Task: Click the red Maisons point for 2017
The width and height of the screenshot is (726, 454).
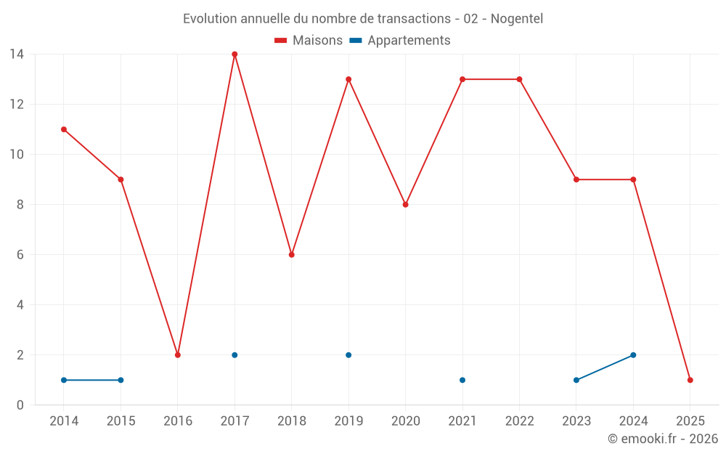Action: (x=234, y=54)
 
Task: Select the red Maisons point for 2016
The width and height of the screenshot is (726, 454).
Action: (x=178, y=355)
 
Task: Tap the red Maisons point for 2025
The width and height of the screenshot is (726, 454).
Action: (x=690, y=380)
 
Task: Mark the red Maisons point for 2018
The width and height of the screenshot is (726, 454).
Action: (x=292, y=255)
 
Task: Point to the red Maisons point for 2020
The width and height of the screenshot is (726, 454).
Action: (x=406, y=205)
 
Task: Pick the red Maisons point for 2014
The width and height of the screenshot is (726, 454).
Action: (x=64, y=129)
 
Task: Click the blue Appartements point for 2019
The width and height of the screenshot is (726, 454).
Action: (x=348, y=355)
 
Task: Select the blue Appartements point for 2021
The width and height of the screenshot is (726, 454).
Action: (x=462, y=380)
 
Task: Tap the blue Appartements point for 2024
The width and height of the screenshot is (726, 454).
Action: (x=633, y=355)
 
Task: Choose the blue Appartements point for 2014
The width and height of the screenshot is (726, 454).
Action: (x=64, y=380)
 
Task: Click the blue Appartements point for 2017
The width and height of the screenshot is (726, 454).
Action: (x=234, y=355)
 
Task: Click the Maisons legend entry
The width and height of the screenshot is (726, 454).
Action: (x=309, y=41)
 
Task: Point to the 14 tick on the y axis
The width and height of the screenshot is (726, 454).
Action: (x=17, y=54)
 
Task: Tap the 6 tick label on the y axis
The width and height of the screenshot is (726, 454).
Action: (x=20, y=255)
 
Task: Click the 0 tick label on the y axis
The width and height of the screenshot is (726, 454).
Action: (x=20, y=405)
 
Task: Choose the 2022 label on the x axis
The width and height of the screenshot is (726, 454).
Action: (x=519, y=421)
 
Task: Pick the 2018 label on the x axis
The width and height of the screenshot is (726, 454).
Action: (x=292, y=421)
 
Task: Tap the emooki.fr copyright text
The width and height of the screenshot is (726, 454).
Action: (x=663, y=439)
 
